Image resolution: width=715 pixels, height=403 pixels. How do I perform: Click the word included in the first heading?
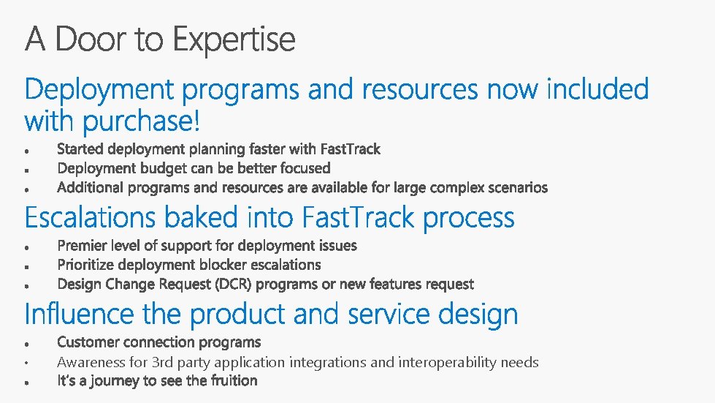click(597, 89)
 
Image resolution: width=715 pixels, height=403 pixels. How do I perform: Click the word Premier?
click(80, 245)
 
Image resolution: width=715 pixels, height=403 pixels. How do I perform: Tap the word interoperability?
click(431, 362)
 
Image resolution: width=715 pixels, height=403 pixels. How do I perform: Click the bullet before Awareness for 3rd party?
click(26, 363)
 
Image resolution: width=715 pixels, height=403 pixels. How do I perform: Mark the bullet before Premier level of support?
click(26, 246)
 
